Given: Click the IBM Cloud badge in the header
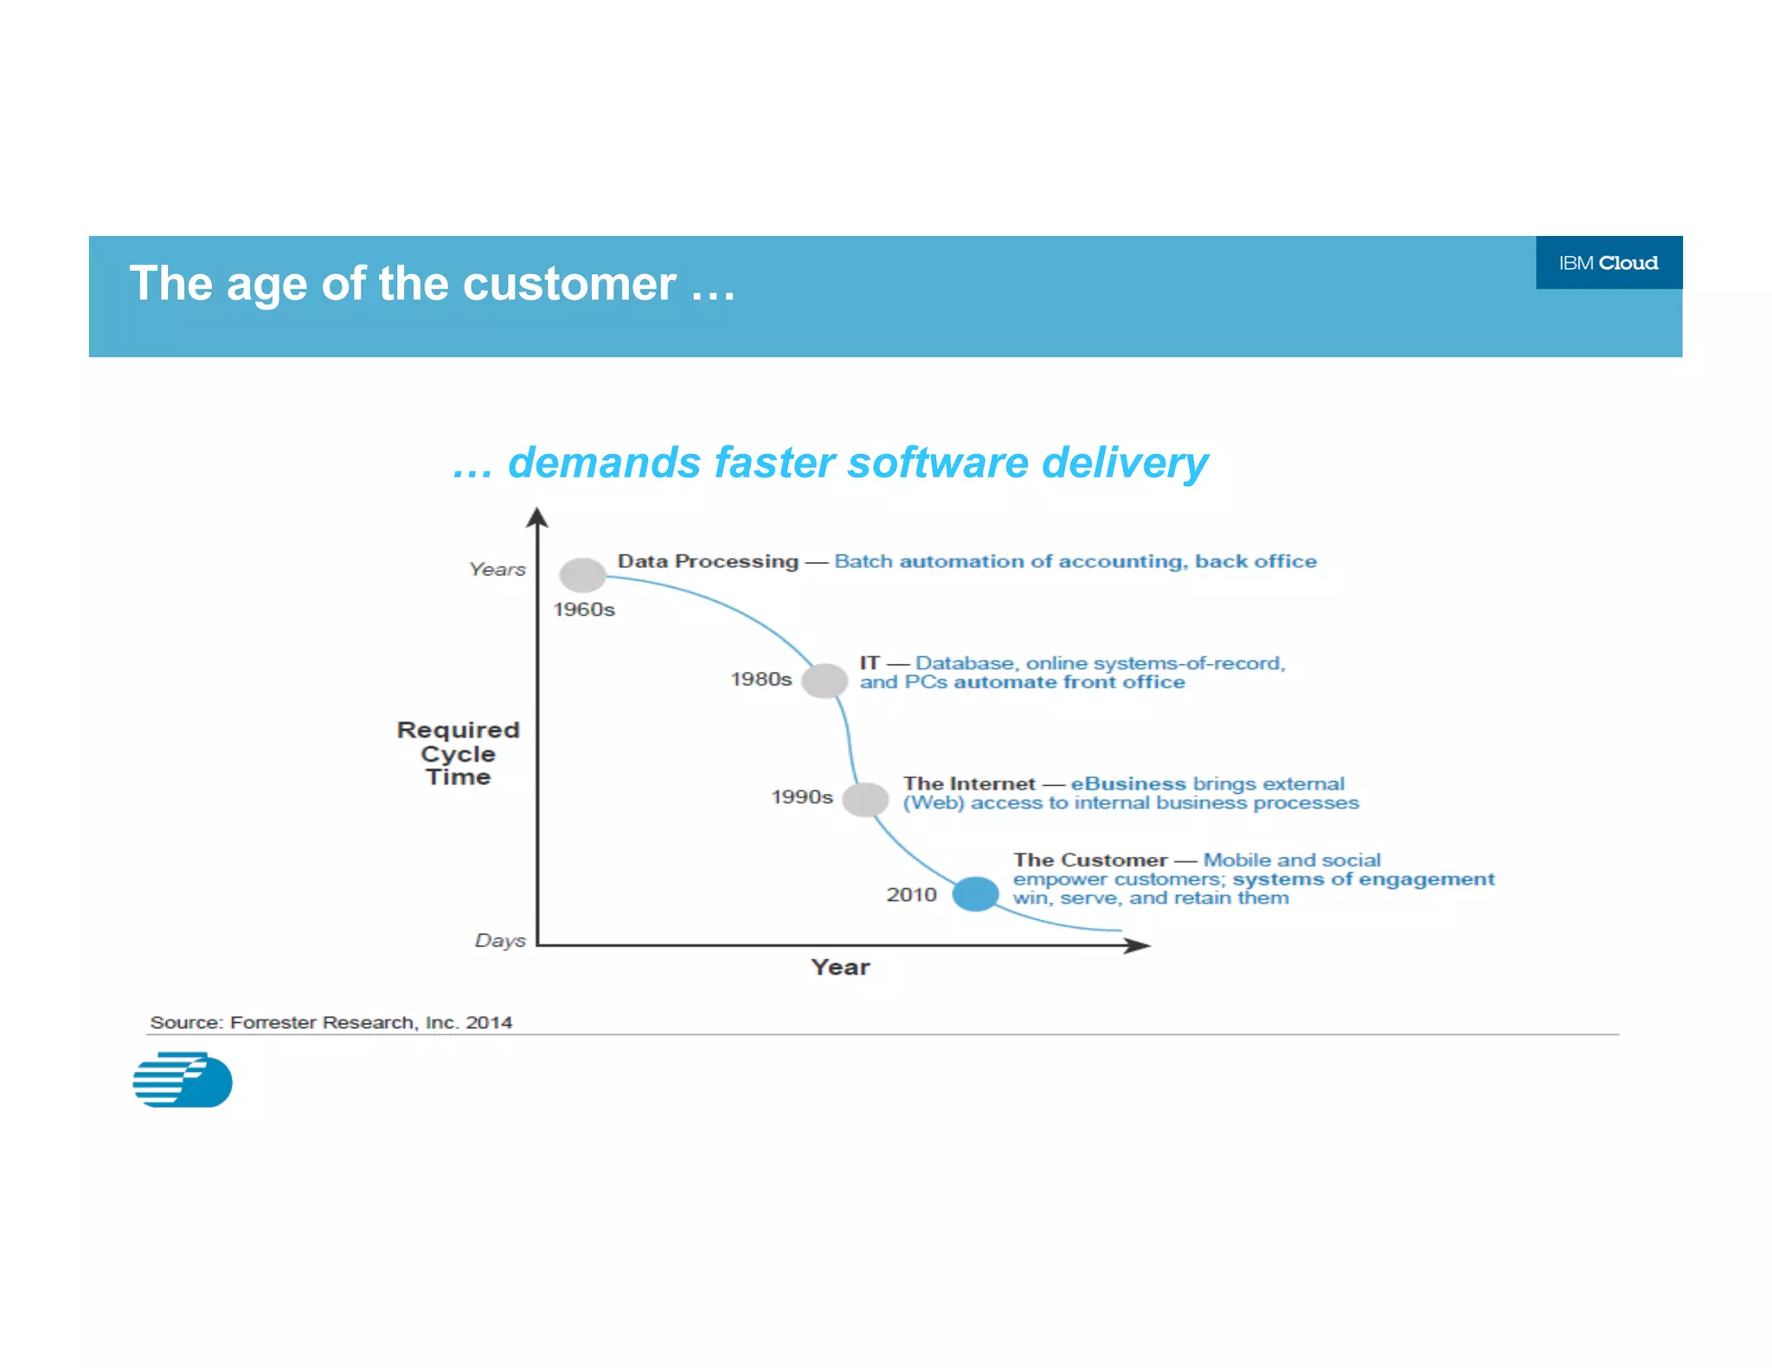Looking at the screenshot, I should coord(1608,263).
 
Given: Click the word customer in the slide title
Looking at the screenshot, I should coord(568,284).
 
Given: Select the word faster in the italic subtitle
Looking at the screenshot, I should coord(774,463).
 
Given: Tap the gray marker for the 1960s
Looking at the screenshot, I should coord(582,575).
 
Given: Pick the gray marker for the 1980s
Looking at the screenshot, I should coord(824,681).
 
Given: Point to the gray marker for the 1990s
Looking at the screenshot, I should coord(865,799).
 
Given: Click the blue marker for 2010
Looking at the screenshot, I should coord(975,894).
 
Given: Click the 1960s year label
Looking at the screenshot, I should coord(584,610).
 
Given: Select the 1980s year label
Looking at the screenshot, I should coord(761,680).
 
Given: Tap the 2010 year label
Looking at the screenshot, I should coord(911,895).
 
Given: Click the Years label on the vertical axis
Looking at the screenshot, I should coord(498,570).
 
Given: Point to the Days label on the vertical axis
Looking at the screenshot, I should coord(500,941).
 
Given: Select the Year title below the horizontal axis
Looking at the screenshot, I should coord(840,968).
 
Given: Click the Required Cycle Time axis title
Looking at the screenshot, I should coord(458,753).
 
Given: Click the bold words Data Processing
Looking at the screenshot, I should coord(707,561).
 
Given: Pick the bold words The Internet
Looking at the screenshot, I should coord(968,783).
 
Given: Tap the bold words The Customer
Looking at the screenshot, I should coord(1090,860).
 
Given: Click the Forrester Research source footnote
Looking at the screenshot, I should coord(331,1022).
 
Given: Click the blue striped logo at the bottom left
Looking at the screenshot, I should coord(183,1079).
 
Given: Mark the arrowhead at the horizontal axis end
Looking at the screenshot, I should coord(1138,945).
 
